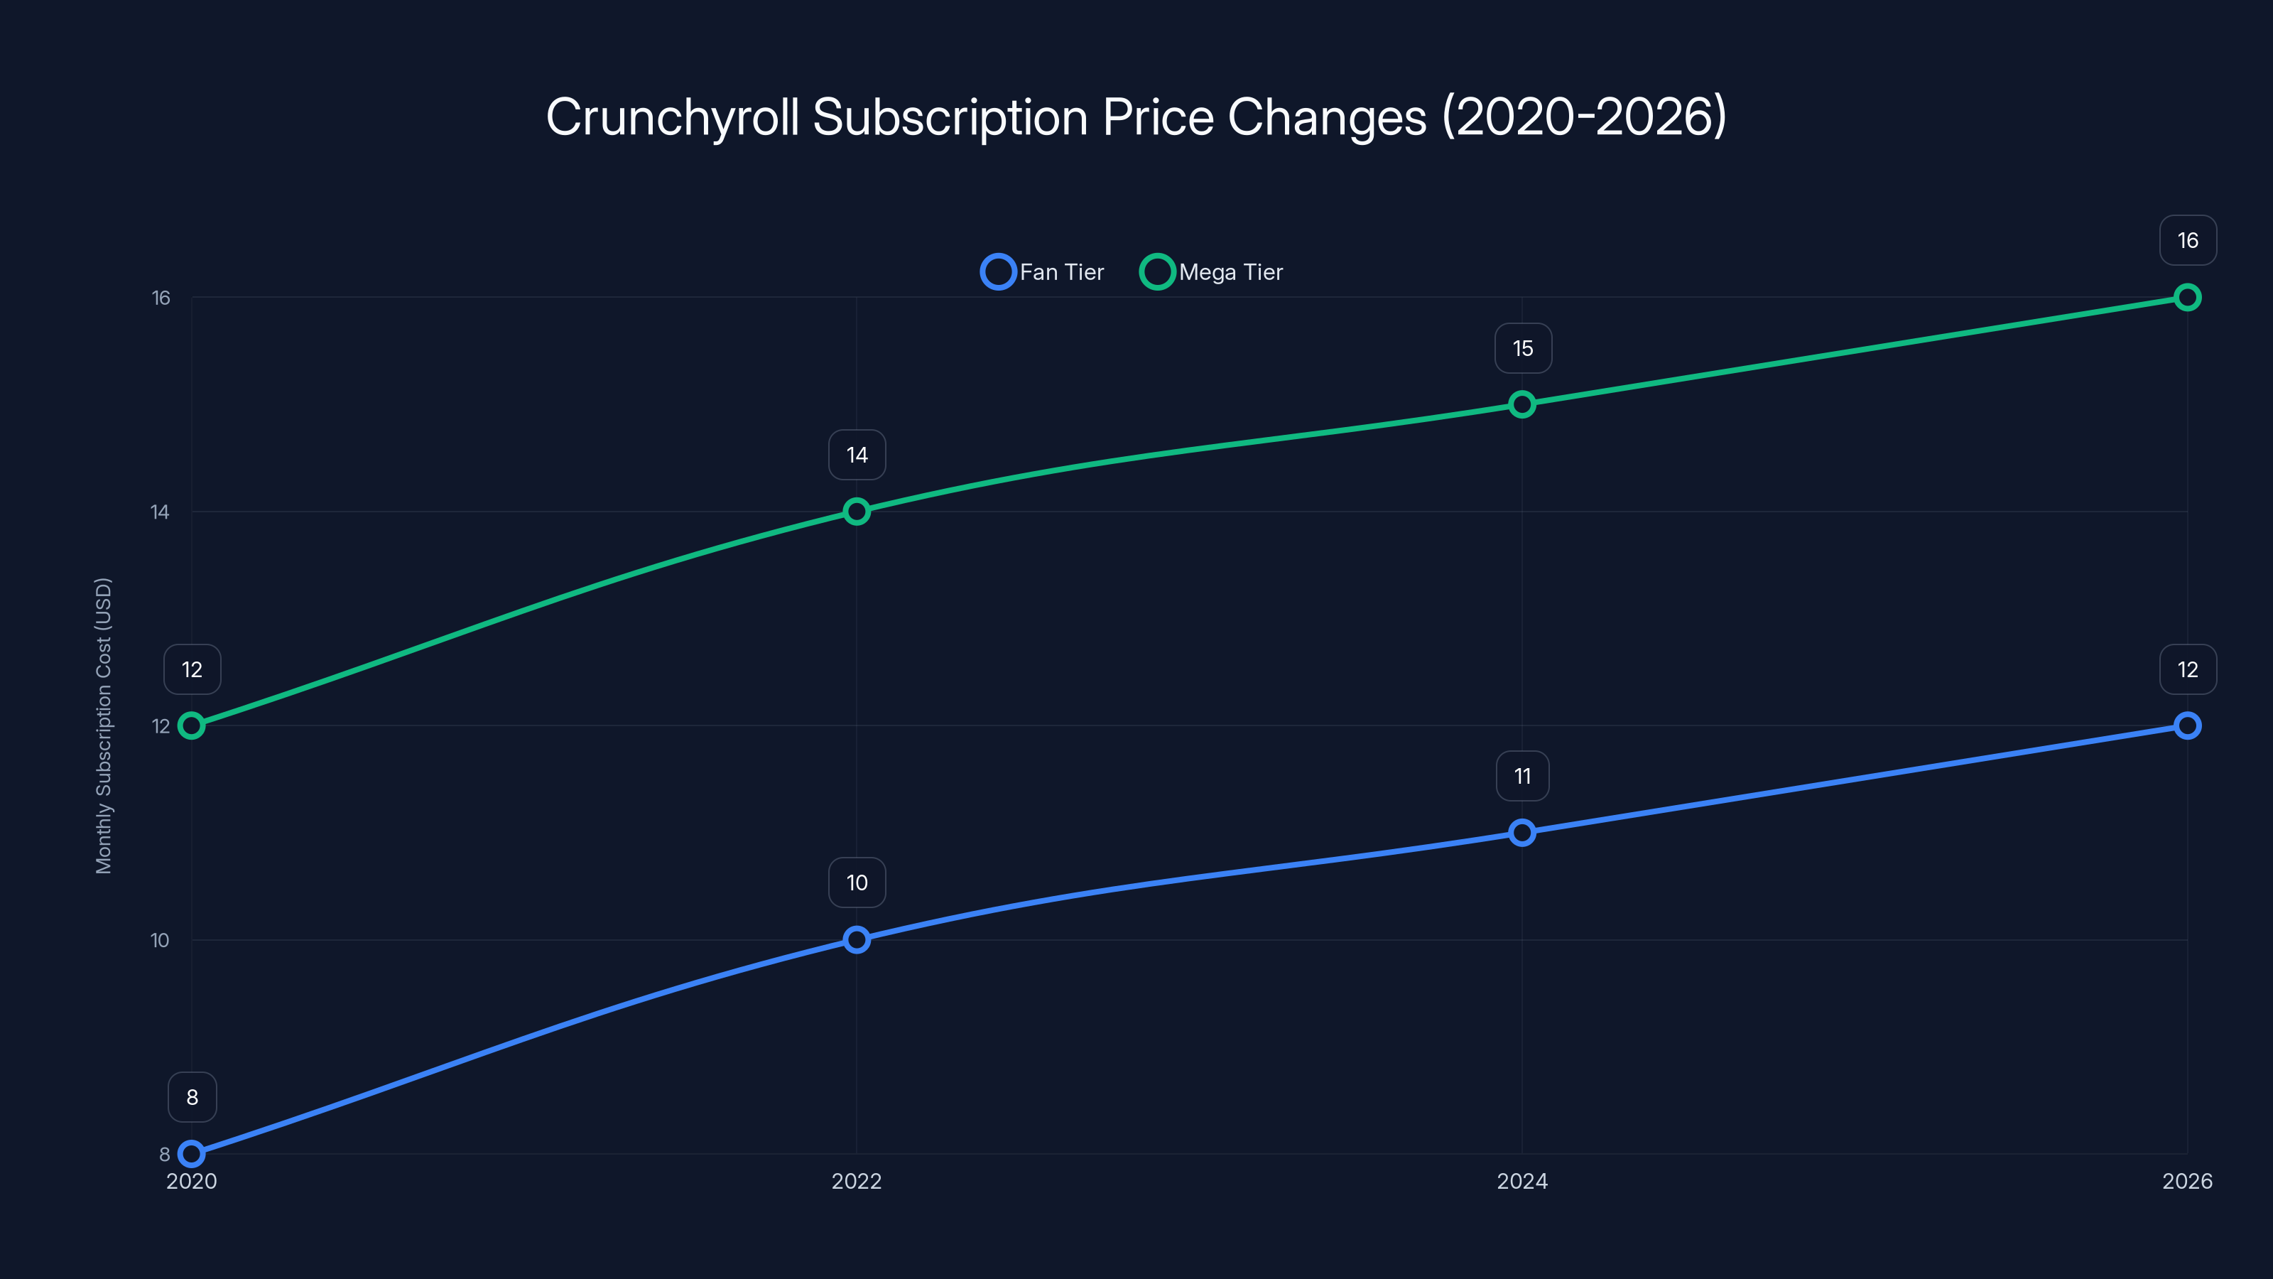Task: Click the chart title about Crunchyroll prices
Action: (x=1136, y=117)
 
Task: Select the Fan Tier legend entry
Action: (x=1043, y=272)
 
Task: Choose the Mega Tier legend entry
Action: (x=1212, y=272)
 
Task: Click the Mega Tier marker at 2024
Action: (x=1521, y=404)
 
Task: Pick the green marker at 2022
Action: (x=856, y=511)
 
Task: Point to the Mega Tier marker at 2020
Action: (x=192, y=725)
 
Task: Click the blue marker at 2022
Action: (x=856, y=939)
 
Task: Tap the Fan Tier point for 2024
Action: (x=1521, y=832)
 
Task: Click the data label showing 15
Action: (x=1522, y=349)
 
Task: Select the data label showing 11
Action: (x=1522, y=776)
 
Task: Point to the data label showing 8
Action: (x=192, y=1097)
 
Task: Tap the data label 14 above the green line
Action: (x=857, y=455)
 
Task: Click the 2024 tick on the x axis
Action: (x=1521, y=1181)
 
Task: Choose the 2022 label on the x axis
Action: (x=856, y=1181)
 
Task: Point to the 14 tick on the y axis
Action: (x=160, y=512)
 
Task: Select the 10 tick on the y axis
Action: (x=160, y=940)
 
